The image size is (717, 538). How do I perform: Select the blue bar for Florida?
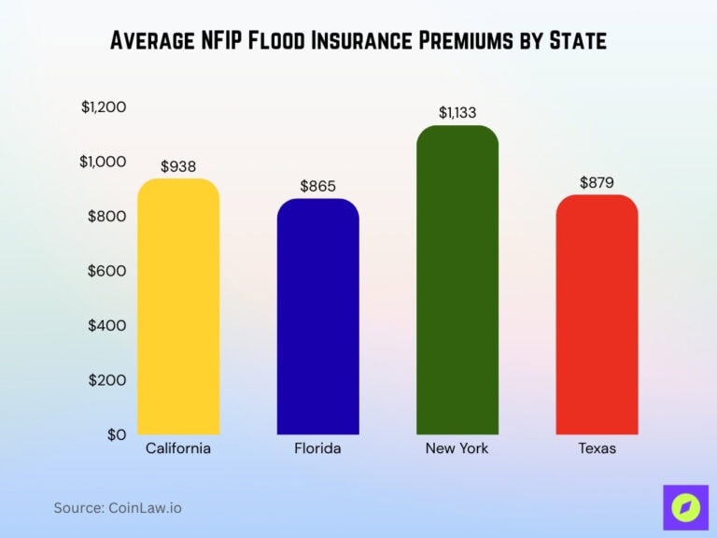coord(317,317)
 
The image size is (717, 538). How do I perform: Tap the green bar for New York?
coord(457,280)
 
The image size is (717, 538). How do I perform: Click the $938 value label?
coord(178,166)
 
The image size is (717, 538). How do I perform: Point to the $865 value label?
coord(317,186)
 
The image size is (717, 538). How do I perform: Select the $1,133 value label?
coord(457,113)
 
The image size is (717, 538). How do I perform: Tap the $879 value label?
coord(597,183)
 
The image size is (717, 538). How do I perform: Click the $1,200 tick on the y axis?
coord(104,107)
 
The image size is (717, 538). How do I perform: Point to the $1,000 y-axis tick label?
coord(103,162)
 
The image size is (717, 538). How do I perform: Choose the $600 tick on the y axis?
coord(106,271)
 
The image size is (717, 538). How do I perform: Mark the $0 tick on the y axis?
coord(115,434)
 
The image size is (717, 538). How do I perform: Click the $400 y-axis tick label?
coord(106,325)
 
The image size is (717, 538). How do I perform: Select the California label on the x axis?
coord(178,448)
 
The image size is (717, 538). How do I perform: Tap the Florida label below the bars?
coord(317,448)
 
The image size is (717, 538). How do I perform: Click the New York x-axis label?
coord(457,448)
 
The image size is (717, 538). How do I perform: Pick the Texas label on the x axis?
coord(597,448)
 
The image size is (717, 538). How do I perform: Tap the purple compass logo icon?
coord(685,508)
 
